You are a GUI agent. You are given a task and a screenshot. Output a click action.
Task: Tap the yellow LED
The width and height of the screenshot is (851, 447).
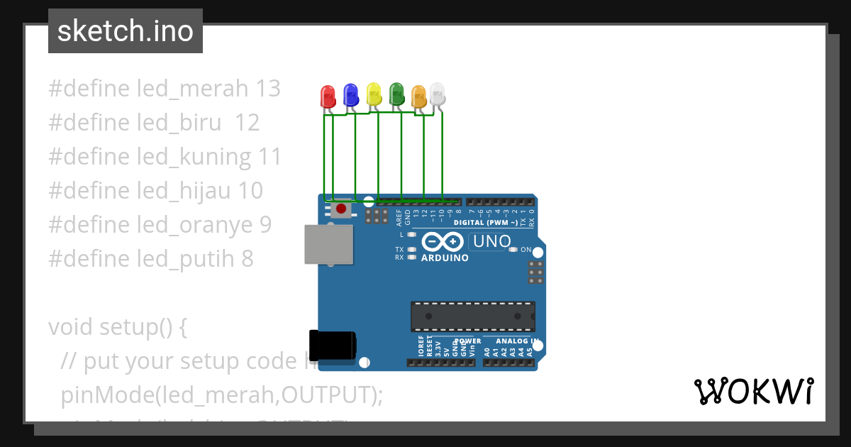pyautogui.click(x=374, y=94)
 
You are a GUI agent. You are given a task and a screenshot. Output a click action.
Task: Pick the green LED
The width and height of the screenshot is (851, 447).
pyautogui.click(x=396, y=94)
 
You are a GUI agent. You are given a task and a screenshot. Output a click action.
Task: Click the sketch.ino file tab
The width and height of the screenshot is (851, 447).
pyautogui.click(x=126, y=31)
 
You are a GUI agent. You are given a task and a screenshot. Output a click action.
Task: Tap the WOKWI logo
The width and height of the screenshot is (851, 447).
pyautogui.click(x=754, y=391)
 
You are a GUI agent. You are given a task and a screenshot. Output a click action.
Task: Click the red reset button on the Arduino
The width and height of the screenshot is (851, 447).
pyautogui.click(x=341, y=209)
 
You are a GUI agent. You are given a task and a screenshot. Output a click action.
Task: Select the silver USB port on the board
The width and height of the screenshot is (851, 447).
pyautogui.click(x=328, y=245)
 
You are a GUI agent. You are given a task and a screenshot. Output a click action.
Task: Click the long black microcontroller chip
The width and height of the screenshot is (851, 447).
pyautogui.click(x=473, y=316)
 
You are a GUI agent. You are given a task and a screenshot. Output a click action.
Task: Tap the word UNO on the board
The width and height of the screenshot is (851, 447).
pyautogui.click(x=491, y=241)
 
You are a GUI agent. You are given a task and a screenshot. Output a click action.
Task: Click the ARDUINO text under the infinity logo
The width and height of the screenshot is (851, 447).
pyautogui.click(x=445, y=258)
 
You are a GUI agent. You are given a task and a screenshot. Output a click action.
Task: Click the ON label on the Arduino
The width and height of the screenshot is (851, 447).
pyautogui.click(x=526, y=250)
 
